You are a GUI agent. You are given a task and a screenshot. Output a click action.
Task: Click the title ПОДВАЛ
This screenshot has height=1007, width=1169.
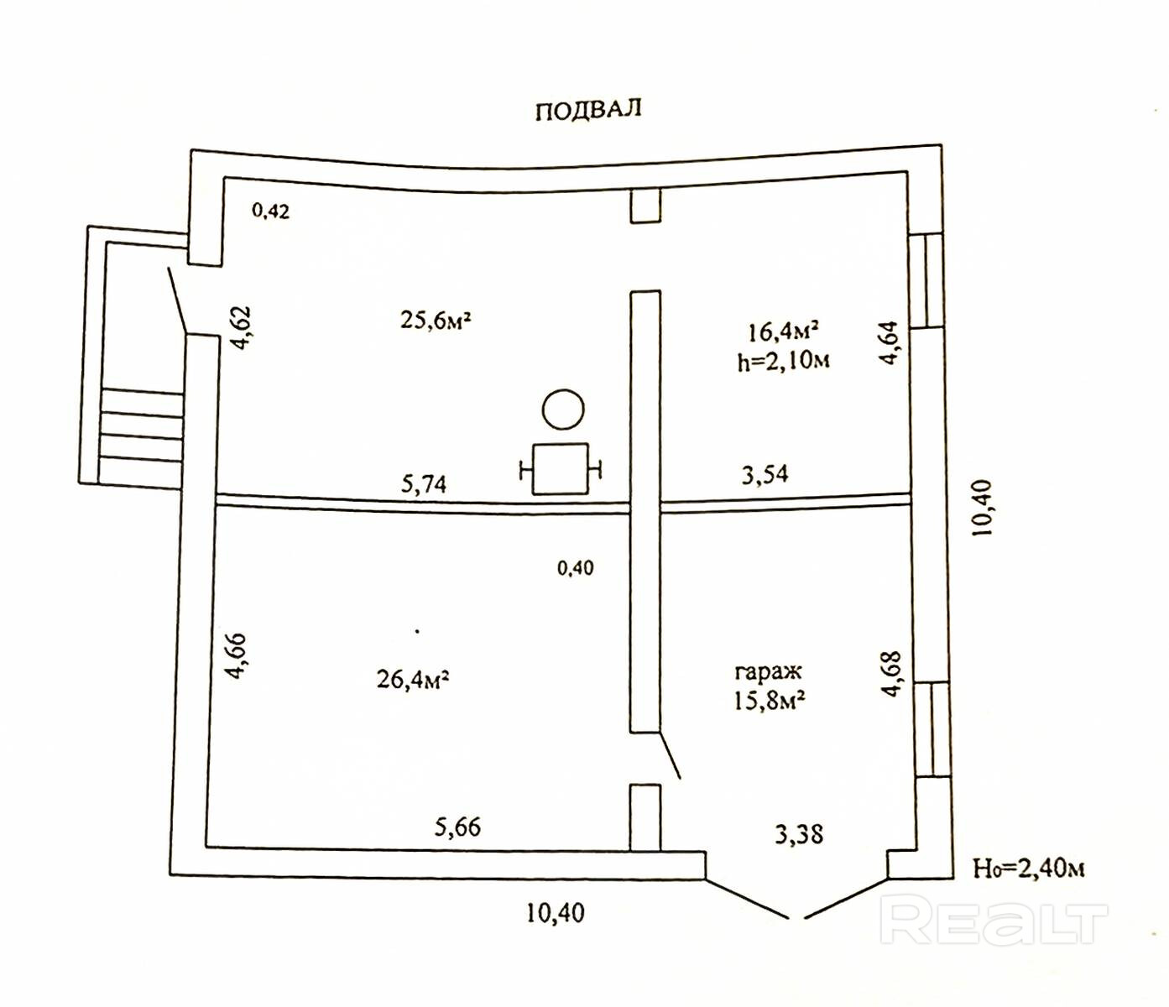click(588, 110)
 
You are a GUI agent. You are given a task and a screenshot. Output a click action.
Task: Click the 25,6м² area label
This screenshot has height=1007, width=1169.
click(435, 320)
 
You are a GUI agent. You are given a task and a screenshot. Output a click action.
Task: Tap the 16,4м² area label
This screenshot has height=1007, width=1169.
click(783, 331)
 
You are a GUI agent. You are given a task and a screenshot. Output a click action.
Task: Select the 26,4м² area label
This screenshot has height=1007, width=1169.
click(412, 678)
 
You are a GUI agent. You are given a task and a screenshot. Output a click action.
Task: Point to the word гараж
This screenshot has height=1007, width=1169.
click(768, 671)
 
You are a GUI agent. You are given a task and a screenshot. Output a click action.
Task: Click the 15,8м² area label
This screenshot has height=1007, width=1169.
click(770, 700)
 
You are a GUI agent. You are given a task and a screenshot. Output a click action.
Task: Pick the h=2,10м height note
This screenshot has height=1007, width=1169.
click(784, 361)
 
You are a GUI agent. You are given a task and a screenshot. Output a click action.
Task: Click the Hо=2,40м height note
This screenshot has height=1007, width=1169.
click(1028, 868)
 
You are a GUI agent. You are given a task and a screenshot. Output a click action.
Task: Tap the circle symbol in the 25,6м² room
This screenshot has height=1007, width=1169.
click(563, 410)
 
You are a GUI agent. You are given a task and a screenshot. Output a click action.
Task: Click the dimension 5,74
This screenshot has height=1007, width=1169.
click(424, 483)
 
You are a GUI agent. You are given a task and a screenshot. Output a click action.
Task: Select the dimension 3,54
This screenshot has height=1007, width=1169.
click(765, 475)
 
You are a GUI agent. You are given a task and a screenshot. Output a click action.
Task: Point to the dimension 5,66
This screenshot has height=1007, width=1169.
click(457, 827)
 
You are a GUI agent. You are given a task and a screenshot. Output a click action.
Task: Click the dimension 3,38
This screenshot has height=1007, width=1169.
click(798, 834)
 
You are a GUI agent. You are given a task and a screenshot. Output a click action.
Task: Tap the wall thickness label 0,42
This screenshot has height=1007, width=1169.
click(270, 211)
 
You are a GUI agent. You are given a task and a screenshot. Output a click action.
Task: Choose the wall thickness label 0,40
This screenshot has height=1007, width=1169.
click(575, 568)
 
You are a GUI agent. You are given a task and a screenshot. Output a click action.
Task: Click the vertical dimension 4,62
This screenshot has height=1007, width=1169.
click(241, 327)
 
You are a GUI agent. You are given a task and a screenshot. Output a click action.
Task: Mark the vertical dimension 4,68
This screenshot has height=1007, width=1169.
click(891, 674)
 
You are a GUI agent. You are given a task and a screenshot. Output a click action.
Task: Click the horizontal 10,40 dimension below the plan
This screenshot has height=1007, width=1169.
click(555, 912)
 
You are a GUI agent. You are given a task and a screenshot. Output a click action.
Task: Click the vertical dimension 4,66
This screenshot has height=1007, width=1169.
click(237, 655)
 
